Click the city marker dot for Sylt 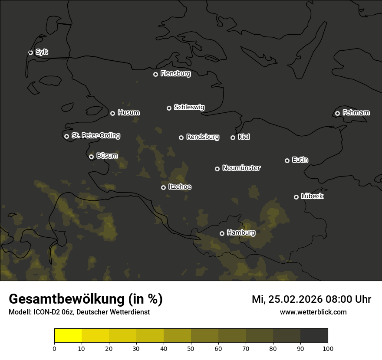(x=30, y=52)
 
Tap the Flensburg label (x=175, y=74)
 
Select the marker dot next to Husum (x=112, y=113)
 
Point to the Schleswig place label (x=189, y=107)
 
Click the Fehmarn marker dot (x=337, y=113)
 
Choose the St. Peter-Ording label (x=95, y=136)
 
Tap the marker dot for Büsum (x=91, y=157)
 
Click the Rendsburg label (x=202, y=137)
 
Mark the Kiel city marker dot (x=233, y=137)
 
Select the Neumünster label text (x=241, y=168)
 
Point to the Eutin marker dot (x=287, y=160)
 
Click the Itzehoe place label (x=179, y=187)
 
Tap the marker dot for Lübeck (x=296, y=197)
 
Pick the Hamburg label (x=241, y=233)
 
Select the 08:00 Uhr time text (x=345, y=299)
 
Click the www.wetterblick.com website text (x=313, y=312)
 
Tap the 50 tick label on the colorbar (x=191, y=348)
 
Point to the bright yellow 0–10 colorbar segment (x=68, y=336)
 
